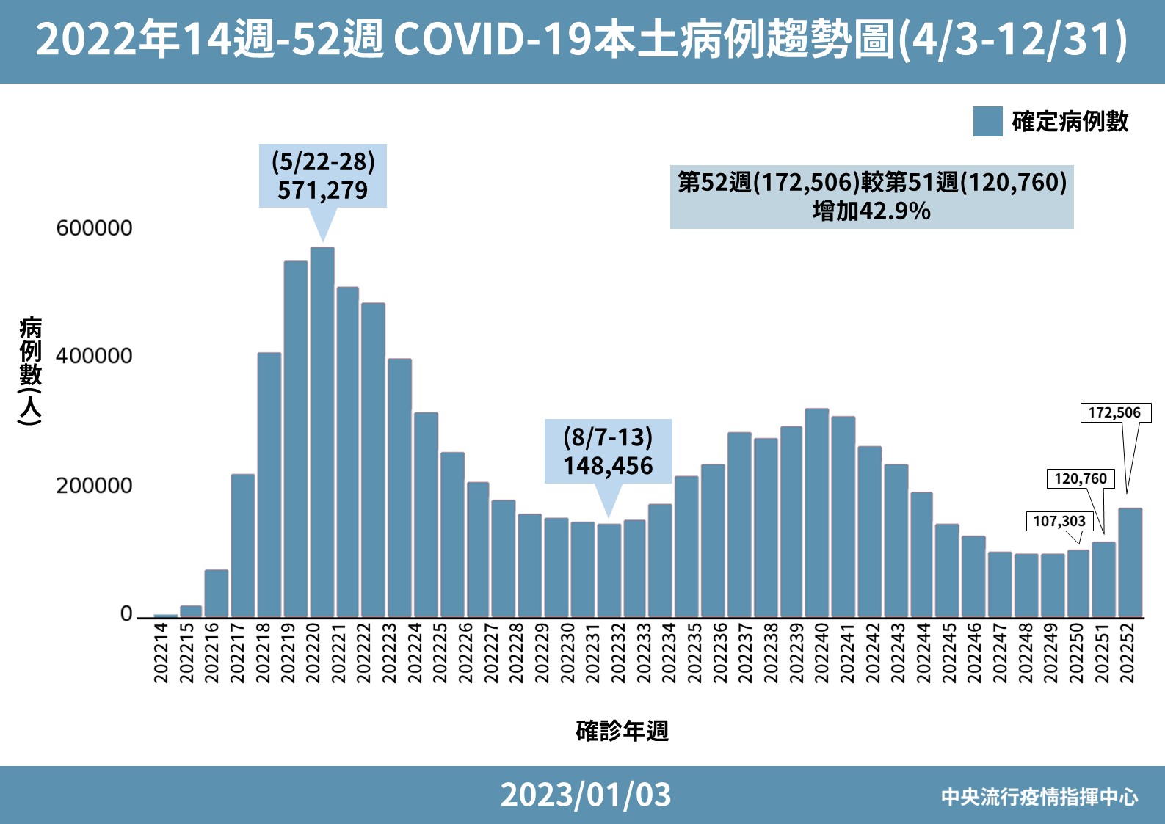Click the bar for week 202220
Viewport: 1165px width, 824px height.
tap(322, 433)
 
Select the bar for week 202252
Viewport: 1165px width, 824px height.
tap(1130, 563)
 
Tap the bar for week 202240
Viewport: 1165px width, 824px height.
tap(816, 514)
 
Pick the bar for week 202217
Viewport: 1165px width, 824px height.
tap(243, 546)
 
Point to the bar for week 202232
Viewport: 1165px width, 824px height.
tap(609, 571)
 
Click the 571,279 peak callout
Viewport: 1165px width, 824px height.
tap(323, 177)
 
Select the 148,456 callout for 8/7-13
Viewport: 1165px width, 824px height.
tap(608, 452)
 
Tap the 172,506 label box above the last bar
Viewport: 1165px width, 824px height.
tap(1114, 413)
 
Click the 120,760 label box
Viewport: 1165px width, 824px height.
tap(1080, 479)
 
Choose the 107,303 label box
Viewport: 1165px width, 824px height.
tap(1059, 522)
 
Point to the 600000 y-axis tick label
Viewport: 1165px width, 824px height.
tap(94, 228)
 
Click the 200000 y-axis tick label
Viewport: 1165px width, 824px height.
tap(94, 486)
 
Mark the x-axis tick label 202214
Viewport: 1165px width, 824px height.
tap(161, 653)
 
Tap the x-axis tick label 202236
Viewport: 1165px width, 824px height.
tap(720, 653)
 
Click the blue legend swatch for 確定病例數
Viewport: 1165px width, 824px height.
tap(987, 122)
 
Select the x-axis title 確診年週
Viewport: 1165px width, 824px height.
tap(622, 731)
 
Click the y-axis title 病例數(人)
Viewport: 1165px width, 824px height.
tap(30, 371)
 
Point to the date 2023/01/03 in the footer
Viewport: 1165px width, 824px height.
tap(586, 795)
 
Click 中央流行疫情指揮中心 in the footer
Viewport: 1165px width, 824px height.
tap(1039, 797)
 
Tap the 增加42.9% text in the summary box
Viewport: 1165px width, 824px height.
tap(871, 211)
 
